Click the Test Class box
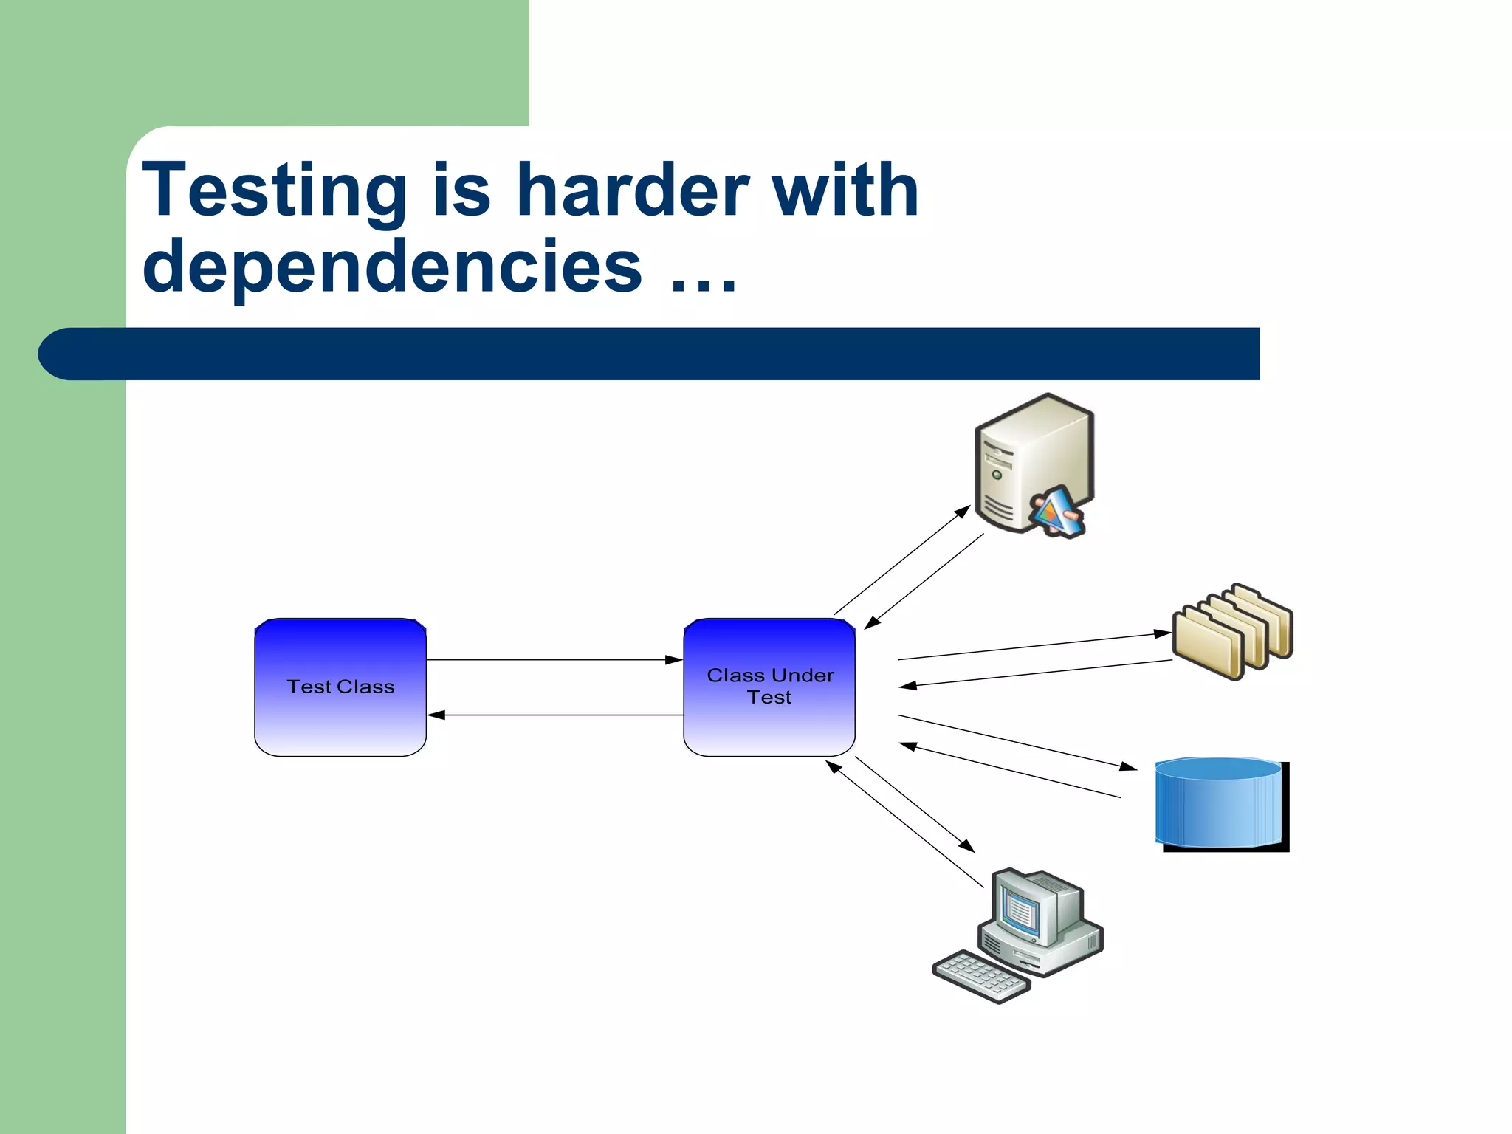(x=340, y=687)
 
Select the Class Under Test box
(x=769, y=687)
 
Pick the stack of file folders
(x=1232, y=631)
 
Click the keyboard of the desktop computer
(x=981, y=977)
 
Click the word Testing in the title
(x=275, y=191)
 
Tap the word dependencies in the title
(x=392, y=267)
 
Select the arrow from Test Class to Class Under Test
(x=554, y=660)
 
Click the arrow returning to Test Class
(x=554, y=715)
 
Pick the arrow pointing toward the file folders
(x=1034, y=646)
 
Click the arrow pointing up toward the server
(x=901, y=560)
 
